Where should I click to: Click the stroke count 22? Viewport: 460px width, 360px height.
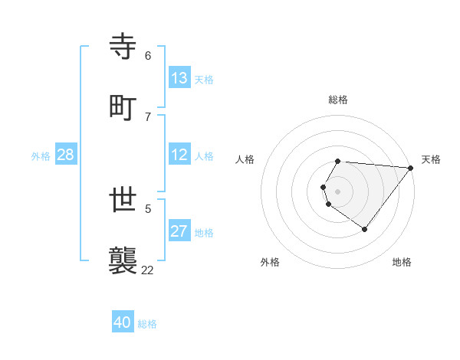[x=148, y=269]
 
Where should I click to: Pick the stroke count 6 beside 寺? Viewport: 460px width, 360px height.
[x=148, y=56]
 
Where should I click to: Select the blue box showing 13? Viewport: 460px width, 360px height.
[x=179, y=78]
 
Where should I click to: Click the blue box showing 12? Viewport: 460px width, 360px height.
[x=179, y=155]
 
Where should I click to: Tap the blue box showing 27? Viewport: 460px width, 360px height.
[x=179, y=231]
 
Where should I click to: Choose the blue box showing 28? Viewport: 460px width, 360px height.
[x=66, y=155]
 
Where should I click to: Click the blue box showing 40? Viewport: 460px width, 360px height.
[x=123, y=322]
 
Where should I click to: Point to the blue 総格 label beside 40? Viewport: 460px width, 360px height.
[x=147, y=324]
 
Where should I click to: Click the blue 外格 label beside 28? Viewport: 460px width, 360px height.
[x=41, y=156]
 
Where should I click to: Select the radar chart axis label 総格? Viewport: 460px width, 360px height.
[x=338, y=100]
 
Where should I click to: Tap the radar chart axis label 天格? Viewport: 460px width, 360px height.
[x=431, y=159]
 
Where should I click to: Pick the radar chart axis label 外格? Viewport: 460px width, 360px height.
[x=270, y=262]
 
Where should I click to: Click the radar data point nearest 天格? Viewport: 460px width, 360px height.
[x=411, y=168]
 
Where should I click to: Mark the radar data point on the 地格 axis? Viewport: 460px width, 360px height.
[x=364, y=229]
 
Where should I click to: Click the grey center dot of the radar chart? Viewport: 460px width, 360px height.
[x=338, y=191]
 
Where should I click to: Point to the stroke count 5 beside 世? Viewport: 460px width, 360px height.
[x=148, y=208]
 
